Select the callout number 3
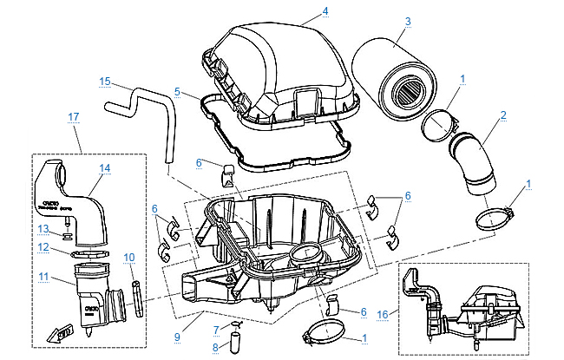coord(408,20)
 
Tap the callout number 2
coord(502,114)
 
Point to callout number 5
coord(177,90)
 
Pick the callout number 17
coord(74,115)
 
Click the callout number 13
coord(41,227)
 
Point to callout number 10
coord(129,257)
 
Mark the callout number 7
coord(215,329)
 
